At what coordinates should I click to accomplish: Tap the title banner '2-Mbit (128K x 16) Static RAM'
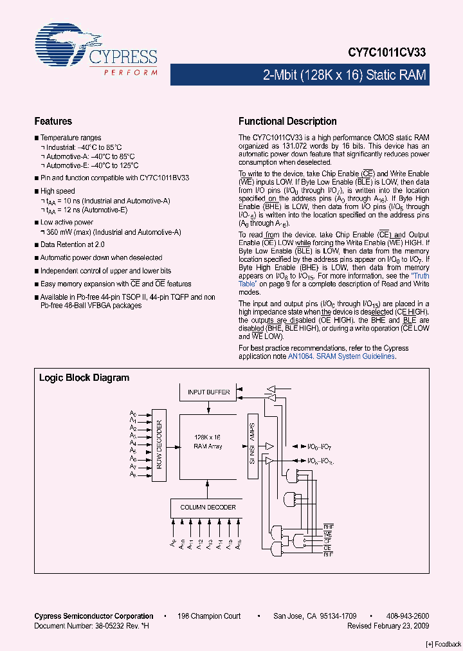pos(345,75)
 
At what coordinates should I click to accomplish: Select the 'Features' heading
pos(53,122)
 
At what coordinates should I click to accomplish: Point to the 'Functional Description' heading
pos(287,122)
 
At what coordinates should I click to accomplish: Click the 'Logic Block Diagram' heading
pos(84,378)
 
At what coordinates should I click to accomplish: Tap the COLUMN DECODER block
pos(207,508)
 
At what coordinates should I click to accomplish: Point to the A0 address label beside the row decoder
pos(132,413)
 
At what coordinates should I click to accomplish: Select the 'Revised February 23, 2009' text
pos(388,625)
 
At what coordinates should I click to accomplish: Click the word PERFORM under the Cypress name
pos(131,73)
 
